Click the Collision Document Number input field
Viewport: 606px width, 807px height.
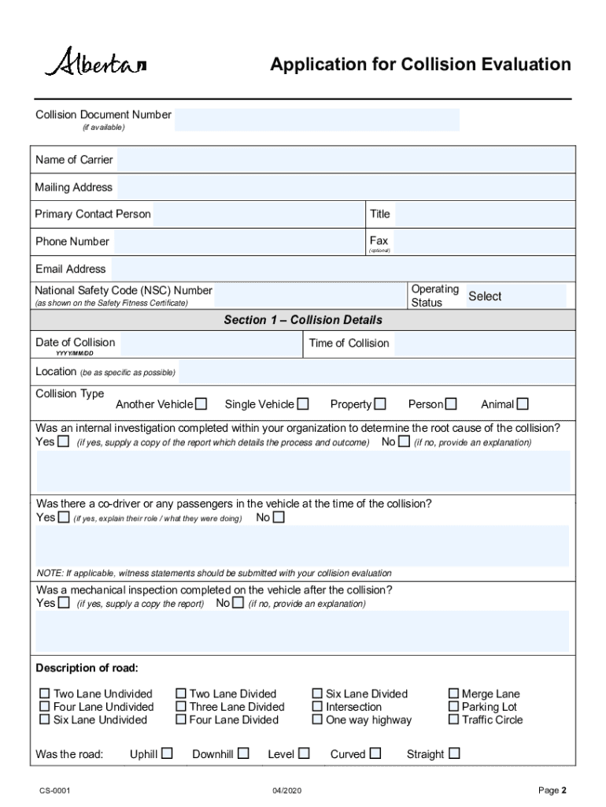point(316,120)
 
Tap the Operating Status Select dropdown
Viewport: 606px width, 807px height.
point(515,296)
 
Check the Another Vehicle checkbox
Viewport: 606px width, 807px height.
point(201,404)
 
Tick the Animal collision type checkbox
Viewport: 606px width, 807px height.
point(523,404)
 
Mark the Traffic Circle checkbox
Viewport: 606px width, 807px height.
point(453,720)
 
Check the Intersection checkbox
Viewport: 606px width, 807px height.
point(317,707)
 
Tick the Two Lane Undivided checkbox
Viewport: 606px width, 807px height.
point(45,694)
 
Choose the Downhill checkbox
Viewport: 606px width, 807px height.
point(243,753)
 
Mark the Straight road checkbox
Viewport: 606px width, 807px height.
point(454,753)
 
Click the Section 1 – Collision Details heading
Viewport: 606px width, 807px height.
point(303,320)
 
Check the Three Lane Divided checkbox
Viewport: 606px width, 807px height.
point(181,707)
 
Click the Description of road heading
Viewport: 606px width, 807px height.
point(87,668)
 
